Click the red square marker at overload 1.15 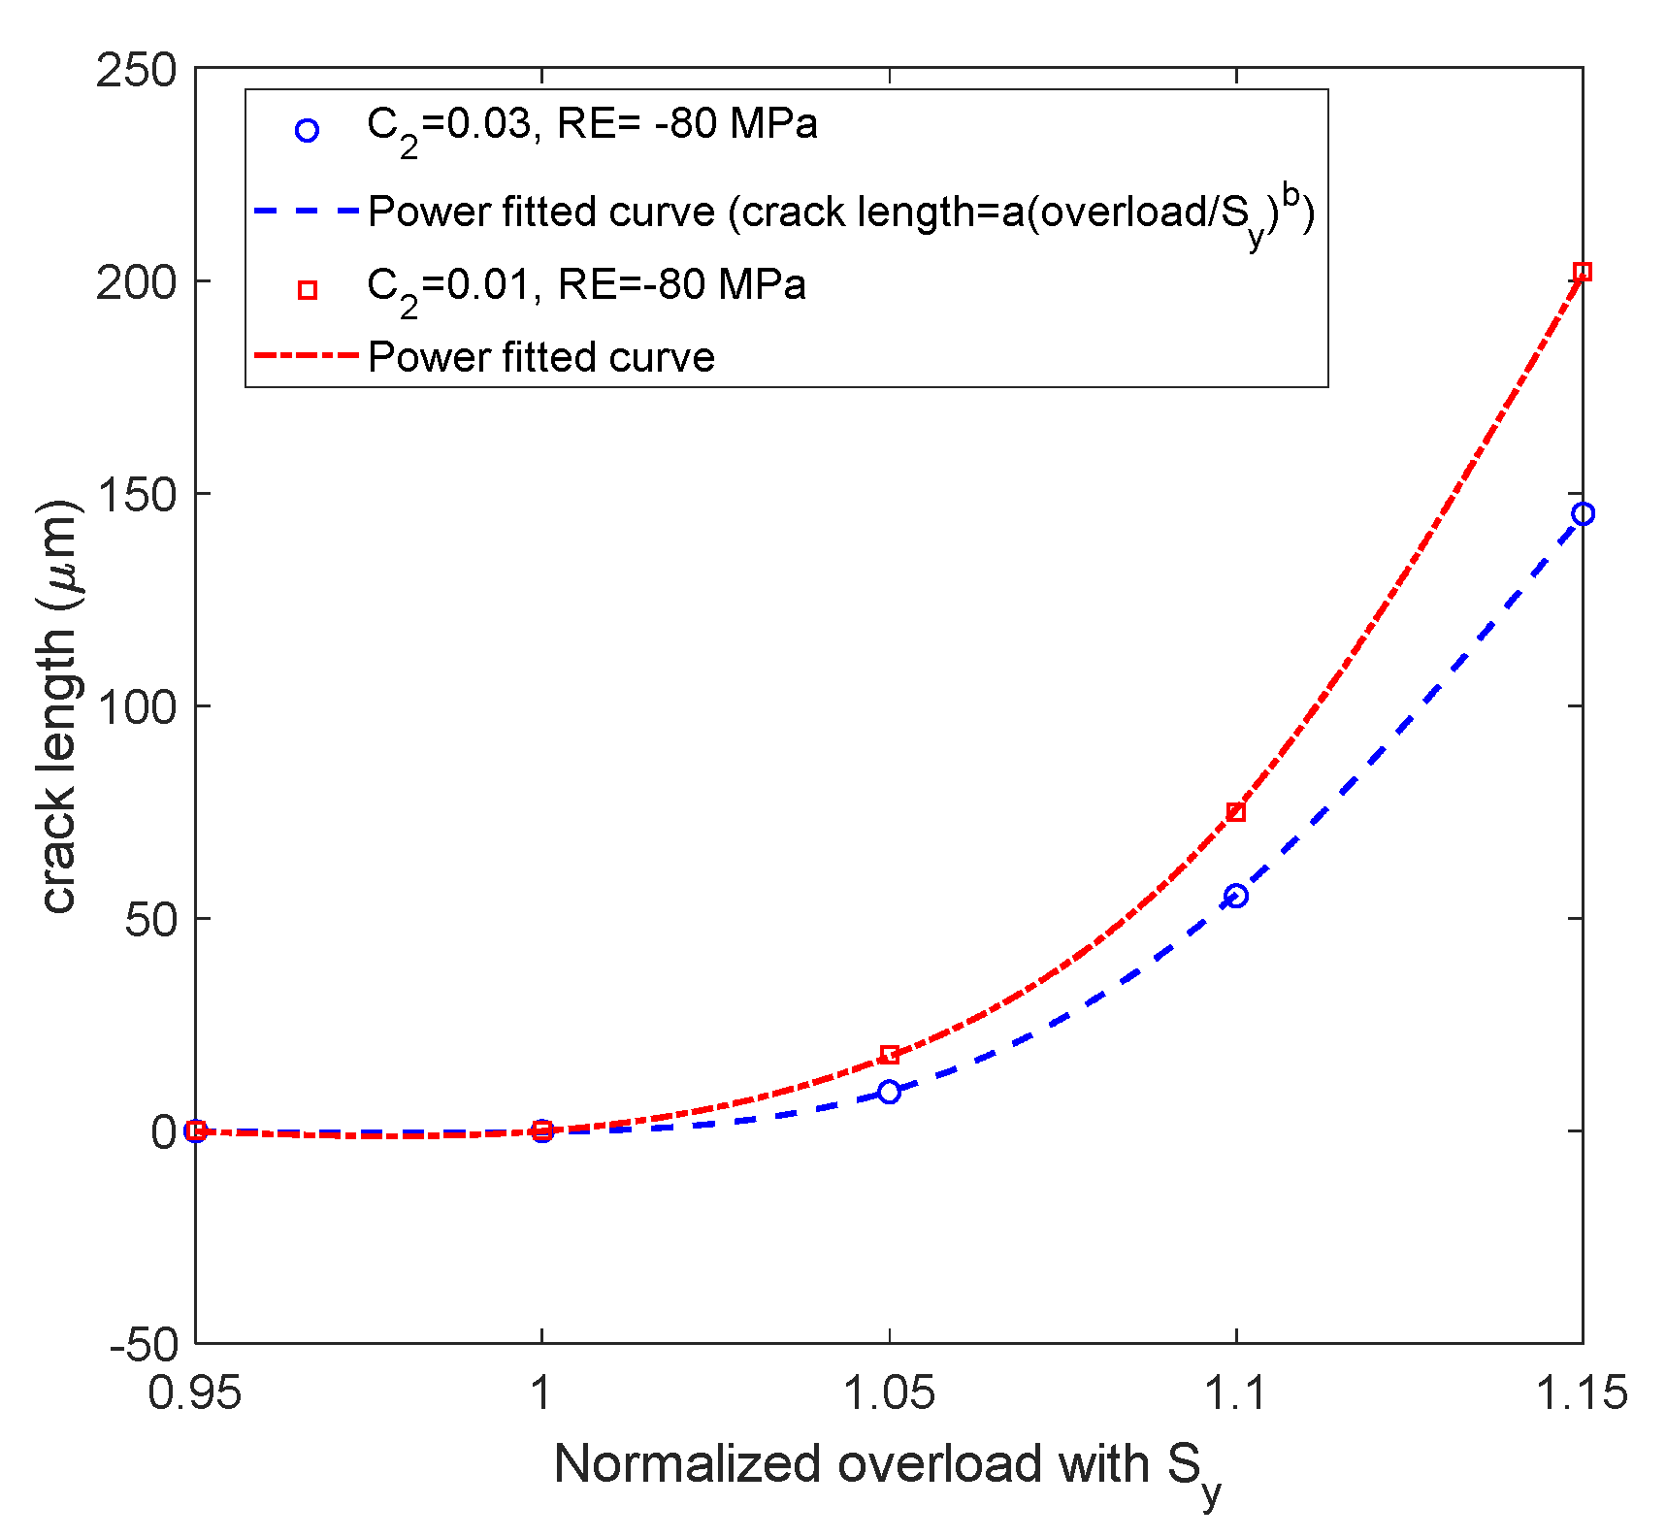[1582, 272]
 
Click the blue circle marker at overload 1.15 [1582, 513]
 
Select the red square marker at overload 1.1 [1235, 812]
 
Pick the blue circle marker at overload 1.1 [1235, 896]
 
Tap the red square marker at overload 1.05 [889, 1055]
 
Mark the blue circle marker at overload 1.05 [889, 1092]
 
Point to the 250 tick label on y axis [137, 70]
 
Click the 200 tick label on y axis [137, 282]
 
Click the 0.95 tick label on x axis [195, 1393]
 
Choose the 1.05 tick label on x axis [889, 1393]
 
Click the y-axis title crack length [60, 706]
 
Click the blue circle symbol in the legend [307, 131]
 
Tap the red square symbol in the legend [307, 290]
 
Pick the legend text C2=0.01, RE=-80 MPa [586, 286]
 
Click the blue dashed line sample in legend [306, 210]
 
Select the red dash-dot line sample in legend [306, 356]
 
